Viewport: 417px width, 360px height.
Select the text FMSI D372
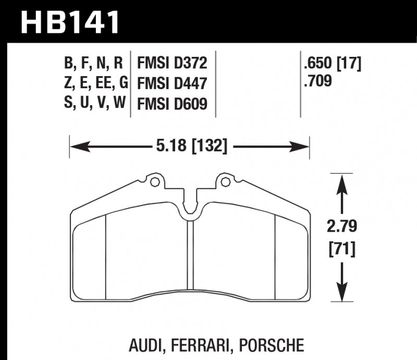point(172,64)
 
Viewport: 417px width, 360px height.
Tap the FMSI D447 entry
point(172,83)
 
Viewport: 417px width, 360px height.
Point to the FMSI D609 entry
point(172,103)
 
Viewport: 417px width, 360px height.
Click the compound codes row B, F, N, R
point(94,64)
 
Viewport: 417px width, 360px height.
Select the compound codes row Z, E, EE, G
point(94,83)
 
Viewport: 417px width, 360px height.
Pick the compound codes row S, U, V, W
point(94,103)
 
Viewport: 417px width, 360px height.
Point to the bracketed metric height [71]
point(341,249)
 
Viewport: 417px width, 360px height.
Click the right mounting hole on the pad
point(225,182)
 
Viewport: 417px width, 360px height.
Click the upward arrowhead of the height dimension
point(341,180)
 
